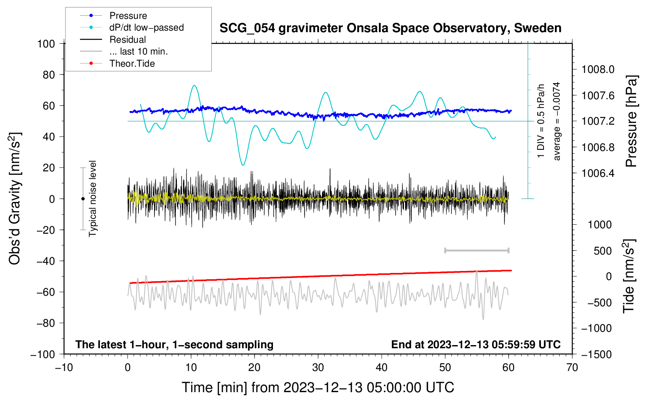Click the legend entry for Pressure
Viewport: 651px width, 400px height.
[113, 15]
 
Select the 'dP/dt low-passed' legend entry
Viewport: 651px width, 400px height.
[132, 27]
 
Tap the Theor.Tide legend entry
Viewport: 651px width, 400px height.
[117, 64]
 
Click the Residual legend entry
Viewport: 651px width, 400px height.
[113, 39]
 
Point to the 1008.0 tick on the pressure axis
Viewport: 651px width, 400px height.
[598, 69]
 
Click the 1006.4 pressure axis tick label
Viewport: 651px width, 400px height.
[598, 173]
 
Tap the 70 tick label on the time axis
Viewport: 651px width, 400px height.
[572, 368]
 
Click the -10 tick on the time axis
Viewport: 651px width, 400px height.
[64, 368]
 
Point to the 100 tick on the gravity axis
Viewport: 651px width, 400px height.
[46, 44]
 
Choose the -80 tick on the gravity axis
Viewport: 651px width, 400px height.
[45, 323]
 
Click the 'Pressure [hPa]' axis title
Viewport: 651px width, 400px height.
[631, 121]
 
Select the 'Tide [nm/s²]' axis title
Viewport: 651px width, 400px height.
[629, 276]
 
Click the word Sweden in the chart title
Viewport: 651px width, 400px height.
[538, 28]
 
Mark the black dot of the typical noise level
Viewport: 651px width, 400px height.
[83, 199]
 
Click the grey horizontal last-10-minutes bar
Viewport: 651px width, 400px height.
[476, 251]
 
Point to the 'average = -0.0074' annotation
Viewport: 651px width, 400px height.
[556, 121]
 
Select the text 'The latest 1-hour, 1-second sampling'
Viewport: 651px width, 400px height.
[175, 344]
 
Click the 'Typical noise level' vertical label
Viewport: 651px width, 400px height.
[93, 199]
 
